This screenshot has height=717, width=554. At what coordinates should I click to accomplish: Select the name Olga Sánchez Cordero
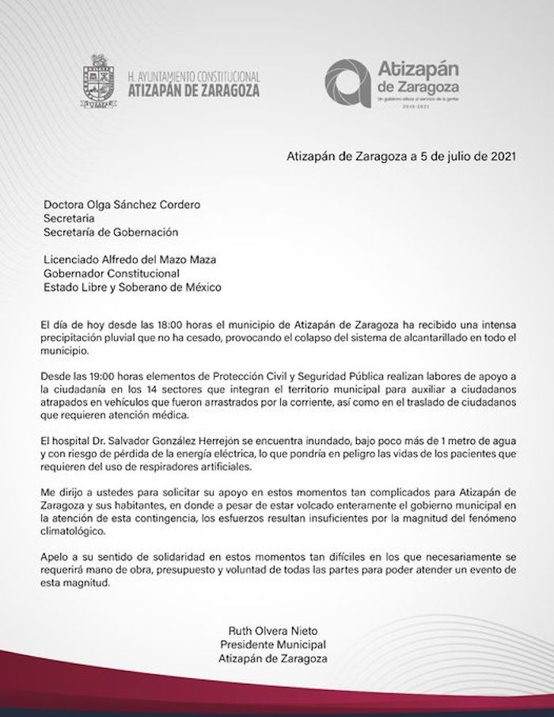[x=139, y=204]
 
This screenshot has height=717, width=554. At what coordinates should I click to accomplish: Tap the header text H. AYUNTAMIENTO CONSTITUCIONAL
[x=193, y=77]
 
